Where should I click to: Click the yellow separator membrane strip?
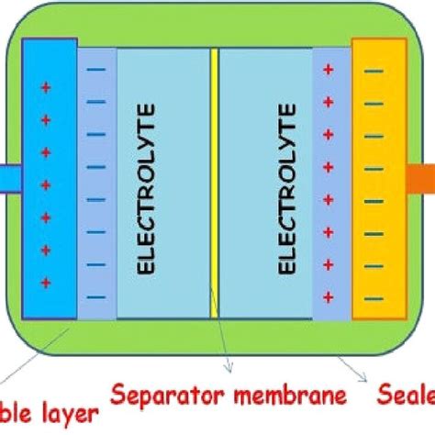click(214, 184)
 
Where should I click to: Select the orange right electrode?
click(377, 179)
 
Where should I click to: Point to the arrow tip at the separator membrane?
click(229, 371)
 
